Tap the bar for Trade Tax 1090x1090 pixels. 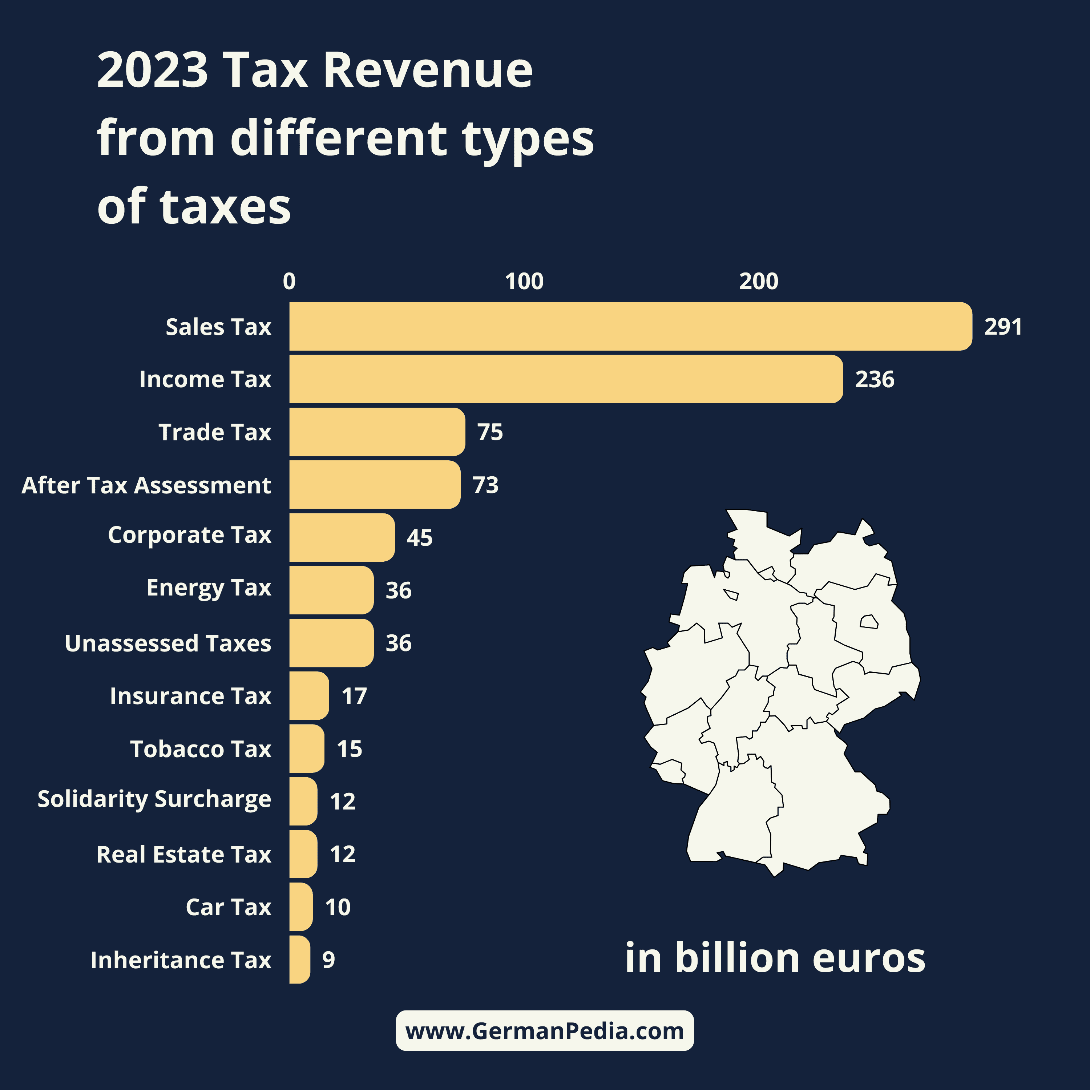click(377, 432)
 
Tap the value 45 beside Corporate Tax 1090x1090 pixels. click(419, 538)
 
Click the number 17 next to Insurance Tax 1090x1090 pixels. click(354, 696)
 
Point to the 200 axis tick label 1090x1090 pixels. click(758, 281)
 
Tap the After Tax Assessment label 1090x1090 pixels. click(146, 485)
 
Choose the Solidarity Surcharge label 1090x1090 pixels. click(154, 799)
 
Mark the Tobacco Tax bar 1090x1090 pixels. click(306, 749)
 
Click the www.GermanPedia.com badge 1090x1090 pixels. click(544, 1031)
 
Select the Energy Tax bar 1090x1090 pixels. click(331, 590)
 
